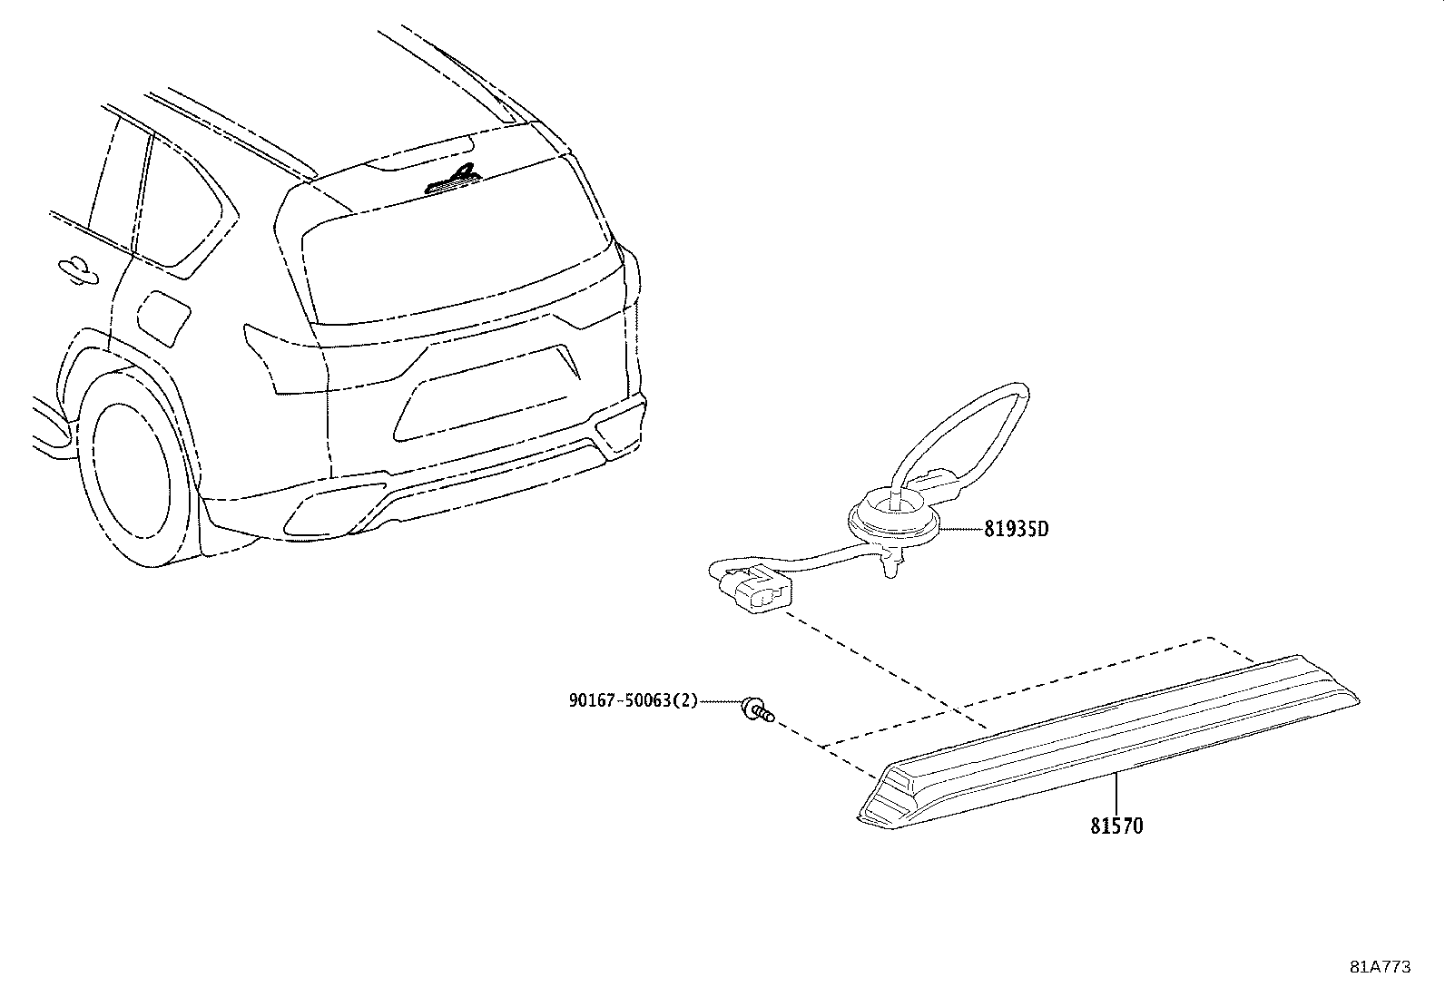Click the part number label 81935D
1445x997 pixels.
coord(1016,530)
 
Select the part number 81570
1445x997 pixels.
coord(1116,826)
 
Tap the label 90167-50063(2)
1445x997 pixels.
coord(634,700)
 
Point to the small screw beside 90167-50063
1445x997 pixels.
coord(757,710)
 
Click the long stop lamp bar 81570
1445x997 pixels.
coord(1108,741)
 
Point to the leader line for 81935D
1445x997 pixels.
coord(961,529)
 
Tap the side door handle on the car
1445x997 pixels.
coord(77,271)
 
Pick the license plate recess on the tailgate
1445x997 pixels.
coord(480,394)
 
